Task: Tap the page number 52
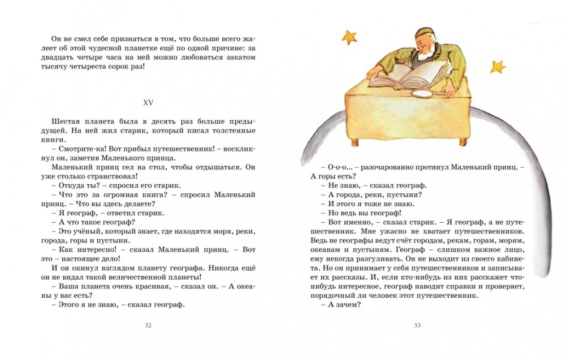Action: tap(149, 325)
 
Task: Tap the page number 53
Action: tap(418, 325)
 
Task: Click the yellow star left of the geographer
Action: tap(349, 38)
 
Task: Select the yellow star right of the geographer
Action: tap(498, 66)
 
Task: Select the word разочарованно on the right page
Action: tap(387, 167)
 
